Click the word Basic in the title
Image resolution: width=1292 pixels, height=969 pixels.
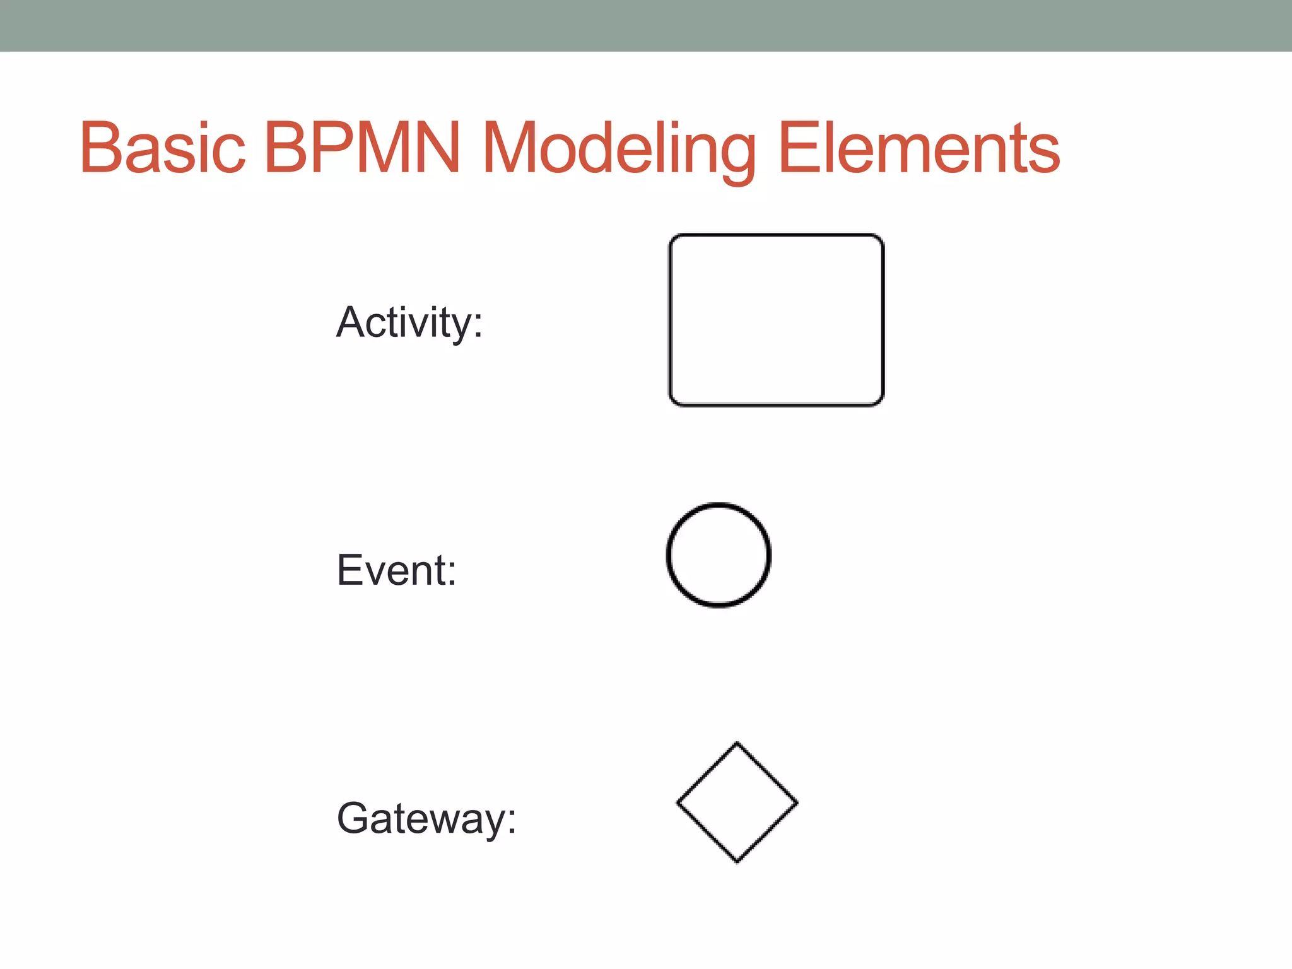click(x=162, y=148)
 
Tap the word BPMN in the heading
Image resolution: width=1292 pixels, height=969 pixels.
click(x=362, y=148)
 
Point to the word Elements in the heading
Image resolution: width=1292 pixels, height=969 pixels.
click(x=919, y=148)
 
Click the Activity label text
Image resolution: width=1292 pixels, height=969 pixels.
click(x=409, y=323)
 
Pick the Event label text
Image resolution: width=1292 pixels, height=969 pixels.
click(x=397, y=570)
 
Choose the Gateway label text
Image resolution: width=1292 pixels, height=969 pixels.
click(x=426, y=819)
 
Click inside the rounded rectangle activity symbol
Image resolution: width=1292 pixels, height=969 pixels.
click(x=776, y=320)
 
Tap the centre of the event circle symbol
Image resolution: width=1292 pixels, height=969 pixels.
click(x=719, y=555)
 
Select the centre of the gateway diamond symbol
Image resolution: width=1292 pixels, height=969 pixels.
click(x=737, y=802)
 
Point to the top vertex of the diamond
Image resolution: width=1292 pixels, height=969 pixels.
click(x=737, y=743)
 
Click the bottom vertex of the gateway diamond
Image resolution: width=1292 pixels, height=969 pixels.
click(x=737, y=862)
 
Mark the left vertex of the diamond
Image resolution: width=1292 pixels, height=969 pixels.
click(x=678, y=802)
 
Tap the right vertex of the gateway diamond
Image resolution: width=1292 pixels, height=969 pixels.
click(x=797, y=802)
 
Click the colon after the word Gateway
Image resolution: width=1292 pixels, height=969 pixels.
click(x=512, y=820)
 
